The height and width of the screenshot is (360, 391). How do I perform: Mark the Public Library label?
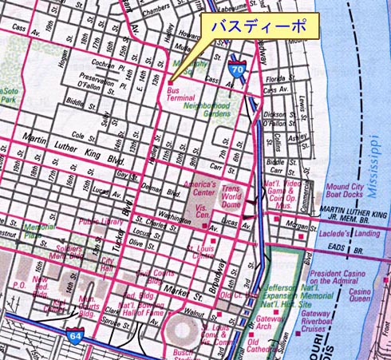tap(99, 222)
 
